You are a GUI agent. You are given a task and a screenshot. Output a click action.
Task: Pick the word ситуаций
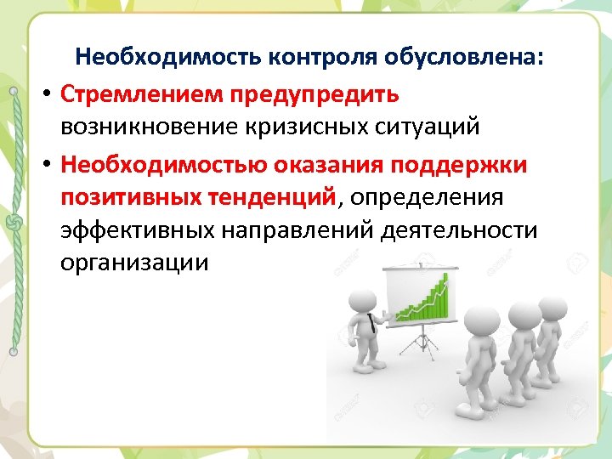coord(433,127)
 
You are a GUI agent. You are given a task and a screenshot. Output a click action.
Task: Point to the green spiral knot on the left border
coord(13,222)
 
